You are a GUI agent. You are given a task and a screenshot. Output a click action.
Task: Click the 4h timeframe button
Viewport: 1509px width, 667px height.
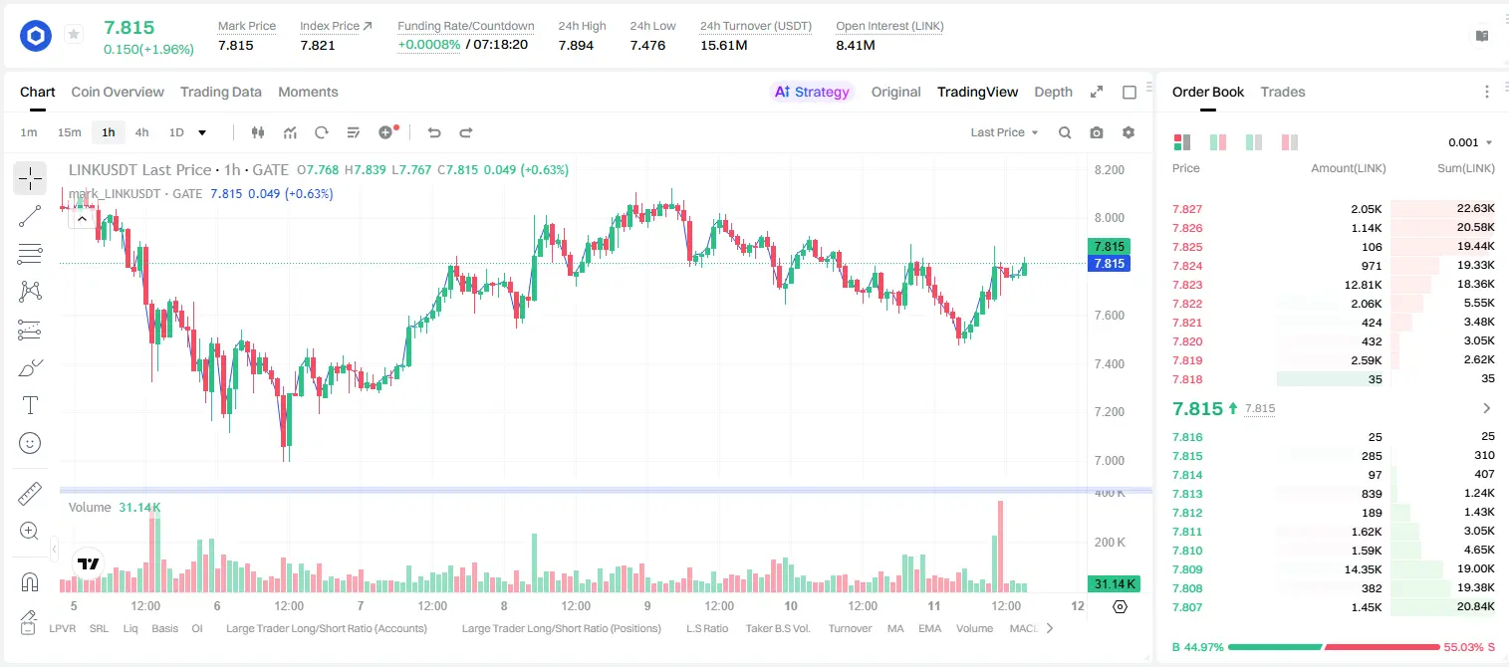pos(141,132)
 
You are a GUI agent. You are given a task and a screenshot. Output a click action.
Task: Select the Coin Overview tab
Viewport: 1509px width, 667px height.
pos(118,92)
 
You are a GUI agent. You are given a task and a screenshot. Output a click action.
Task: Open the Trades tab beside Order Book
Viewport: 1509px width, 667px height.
pos(1283,92)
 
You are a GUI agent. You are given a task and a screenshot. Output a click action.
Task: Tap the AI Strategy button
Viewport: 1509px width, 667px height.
pos(812,92)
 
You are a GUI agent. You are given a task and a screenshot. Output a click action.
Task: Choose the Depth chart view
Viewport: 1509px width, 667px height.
pos(1053,92)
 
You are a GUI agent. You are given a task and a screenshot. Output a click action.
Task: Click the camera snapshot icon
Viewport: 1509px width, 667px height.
pos(1097,132)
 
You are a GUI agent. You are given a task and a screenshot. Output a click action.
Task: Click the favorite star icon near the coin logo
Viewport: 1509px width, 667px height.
pos(74,34)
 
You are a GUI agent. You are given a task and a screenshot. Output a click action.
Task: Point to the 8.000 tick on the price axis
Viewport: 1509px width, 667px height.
pos(1110,217)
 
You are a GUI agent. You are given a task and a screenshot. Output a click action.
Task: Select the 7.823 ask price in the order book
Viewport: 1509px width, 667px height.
pos(1187,285)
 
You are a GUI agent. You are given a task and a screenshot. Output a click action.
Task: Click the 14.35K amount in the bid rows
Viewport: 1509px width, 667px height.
pos(1363,569)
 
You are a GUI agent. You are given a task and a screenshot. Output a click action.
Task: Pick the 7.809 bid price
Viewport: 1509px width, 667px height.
pos(1187,569)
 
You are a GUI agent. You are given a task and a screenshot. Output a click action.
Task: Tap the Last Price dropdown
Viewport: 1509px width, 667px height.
pos(1004,132)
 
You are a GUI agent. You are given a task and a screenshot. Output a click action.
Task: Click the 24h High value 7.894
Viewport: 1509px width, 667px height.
pos(576,45)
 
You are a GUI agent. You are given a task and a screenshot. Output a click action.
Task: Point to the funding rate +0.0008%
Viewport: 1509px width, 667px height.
pos(429,45)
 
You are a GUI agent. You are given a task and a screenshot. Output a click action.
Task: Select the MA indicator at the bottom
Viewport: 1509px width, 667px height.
pos(895,628)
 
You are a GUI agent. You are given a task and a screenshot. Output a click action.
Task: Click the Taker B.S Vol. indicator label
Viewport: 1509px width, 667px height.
pos(777,628)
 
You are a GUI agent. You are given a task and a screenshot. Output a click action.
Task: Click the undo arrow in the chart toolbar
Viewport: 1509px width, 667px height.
pos(434,132)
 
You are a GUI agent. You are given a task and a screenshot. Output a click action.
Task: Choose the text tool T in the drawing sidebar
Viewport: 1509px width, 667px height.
pos(30,405)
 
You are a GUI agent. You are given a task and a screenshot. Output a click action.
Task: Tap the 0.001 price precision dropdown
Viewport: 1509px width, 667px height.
pos(1470,142)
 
